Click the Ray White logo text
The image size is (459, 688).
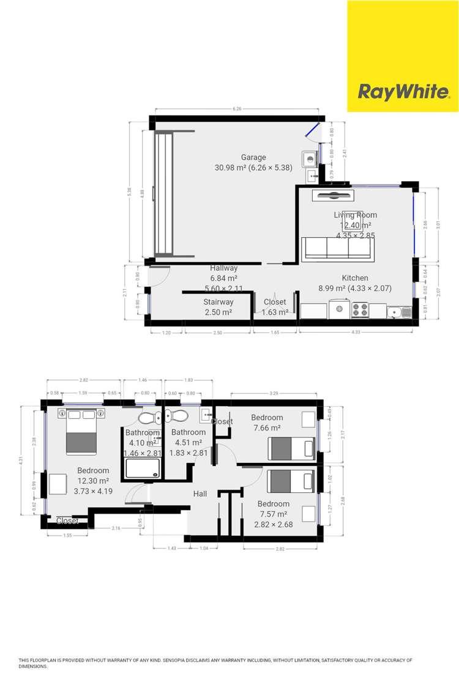click(403, 92)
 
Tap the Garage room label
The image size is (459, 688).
click(253, 157)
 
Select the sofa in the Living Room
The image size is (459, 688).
click(337, 248)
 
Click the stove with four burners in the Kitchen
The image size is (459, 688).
click(360, 311)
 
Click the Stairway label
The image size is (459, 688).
click(218, 302)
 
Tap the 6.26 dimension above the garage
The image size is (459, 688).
click(237, 109)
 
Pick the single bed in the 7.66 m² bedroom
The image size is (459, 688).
click(292, 449)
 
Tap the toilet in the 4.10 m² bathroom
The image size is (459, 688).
click(147, 419)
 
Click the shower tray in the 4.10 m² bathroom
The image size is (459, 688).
click(143, 468)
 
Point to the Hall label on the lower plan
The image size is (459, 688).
click(200, 494)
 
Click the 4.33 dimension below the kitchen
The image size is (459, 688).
click(356, 332)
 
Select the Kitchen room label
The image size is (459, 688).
click(338, 277)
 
